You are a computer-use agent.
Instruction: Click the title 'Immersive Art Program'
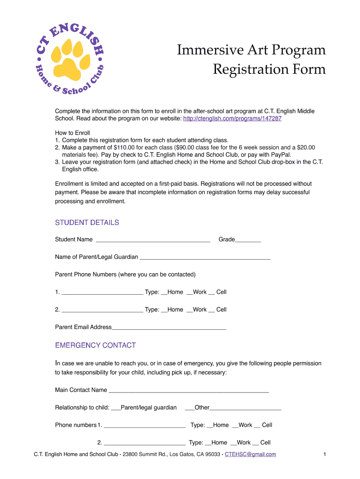coord(251,50)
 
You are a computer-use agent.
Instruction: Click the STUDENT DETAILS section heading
coord(87,223)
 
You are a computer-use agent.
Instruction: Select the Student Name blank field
coord(153,240)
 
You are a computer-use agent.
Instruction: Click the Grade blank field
coord(248,240)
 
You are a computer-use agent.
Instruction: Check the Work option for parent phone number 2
coord(189,310)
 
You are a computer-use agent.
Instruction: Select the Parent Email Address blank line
coord(169,327)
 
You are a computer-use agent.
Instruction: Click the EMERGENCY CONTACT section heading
coord(95,346)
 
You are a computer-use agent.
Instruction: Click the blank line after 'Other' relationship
coord(245,408)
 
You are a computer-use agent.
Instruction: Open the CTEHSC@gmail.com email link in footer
coord(250,454)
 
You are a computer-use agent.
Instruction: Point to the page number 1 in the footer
coord(324,454)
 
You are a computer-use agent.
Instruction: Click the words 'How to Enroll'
coord(72,133)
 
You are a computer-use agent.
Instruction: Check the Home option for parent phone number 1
coord(164,292)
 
